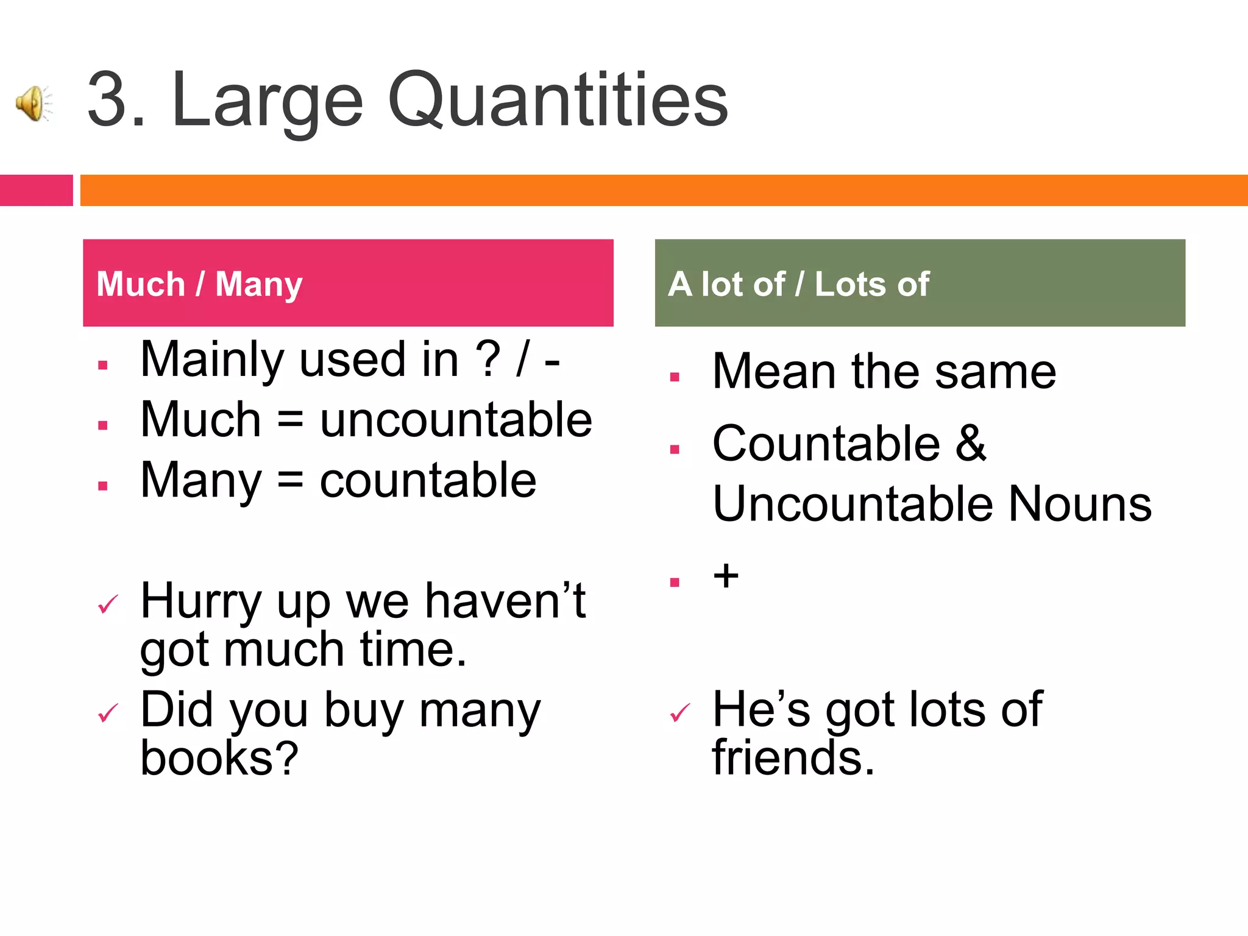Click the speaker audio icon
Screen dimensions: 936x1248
pyautogui.click(x=34, y=103)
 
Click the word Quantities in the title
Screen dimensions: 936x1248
pyautogui.click(x=558, y=100)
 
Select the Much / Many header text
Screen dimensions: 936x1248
pyautogui.click(x=199, y=284)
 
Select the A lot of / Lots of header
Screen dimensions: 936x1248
pyautogui.click(x=798, y=284)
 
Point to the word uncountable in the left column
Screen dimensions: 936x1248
pyautogui.click(x=456, y=420)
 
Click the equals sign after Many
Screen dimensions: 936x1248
pyautogui.click(x=290, y=480)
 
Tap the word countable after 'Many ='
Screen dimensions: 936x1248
pyautogui.click(x=428, y=480)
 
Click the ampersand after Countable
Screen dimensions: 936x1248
pyautogui.click(x=970, y=443)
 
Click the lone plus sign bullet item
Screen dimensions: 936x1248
pyautogui.click(x=726, y=576)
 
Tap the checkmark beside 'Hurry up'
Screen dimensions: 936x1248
pyautogui.click(x=108, y=604)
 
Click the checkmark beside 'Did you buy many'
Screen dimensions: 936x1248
pyautogui.click(x=108, y=713)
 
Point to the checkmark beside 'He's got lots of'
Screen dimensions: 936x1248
pyautogui.click(x=679, y=712)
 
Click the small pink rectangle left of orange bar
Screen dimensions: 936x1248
pyautogui.click(x=36, y=190)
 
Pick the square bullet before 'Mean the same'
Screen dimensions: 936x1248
pyautogui.click(x=675, y=377)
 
